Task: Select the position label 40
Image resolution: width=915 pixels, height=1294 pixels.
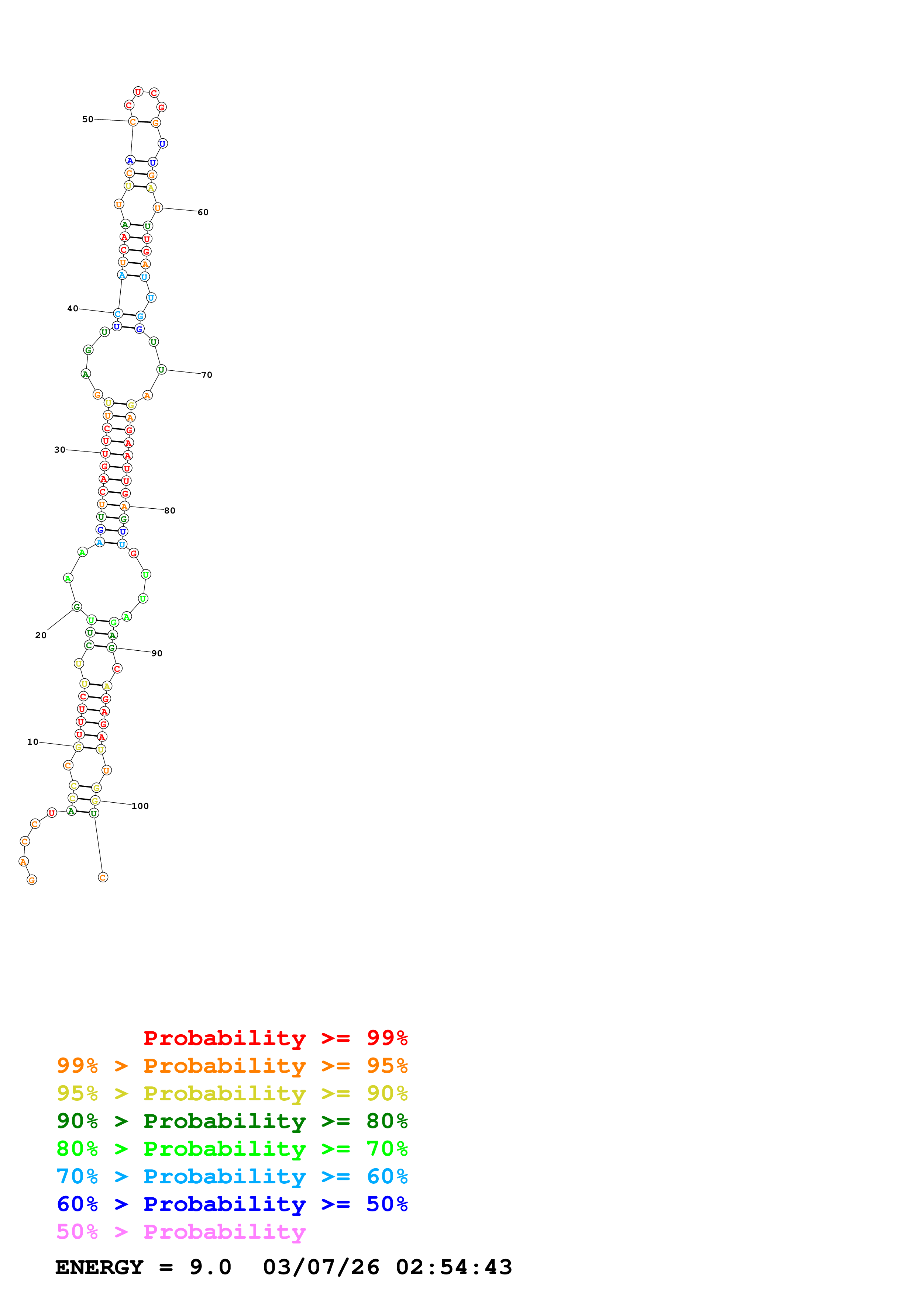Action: (x=73, y=308)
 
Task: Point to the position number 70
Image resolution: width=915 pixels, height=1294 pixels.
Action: (x=207, y=375)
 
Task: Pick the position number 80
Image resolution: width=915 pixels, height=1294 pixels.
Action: (x=170, y=511)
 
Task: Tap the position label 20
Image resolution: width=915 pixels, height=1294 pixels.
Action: (x=41, y=635)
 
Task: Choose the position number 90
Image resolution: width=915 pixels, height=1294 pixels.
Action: (x=157, y=653)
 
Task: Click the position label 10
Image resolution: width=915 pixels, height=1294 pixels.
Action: (x=33, y=742)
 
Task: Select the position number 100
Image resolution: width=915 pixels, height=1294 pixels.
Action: (x=140, y=806)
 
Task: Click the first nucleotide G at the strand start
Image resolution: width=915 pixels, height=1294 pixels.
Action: (x=32, y=880)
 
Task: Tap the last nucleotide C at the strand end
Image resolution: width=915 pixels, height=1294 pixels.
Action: (x=103, y=878)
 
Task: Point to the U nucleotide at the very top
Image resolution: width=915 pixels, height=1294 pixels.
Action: (x=138, y=92)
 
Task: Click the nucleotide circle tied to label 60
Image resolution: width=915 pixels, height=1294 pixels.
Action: (x=158, y=208)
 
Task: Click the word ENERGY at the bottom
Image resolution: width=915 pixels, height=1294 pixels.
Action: (x=99, y=1267)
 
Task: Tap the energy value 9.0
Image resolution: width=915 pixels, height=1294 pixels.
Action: (x=210, y=1267)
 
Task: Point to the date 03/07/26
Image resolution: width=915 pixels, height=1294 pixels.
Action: (x=321, y=1267)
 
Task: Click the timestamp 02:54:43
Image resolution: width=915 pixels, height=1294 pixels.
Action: (x=454, y=1267)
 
